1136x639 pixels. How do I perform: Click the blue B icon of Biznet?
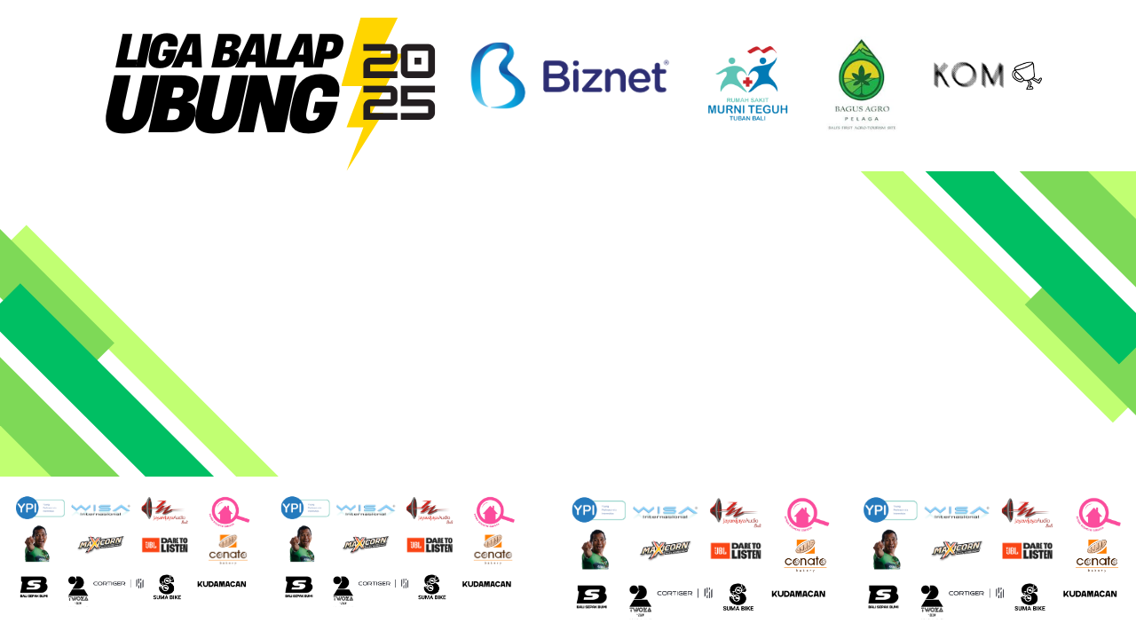point(498,75)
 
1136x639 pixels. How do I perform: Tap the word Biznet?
point(603,77)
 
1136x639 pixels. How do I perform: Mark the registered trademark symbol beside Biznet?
point(666,63)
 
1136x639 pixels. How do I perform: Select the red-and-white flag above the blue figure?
point(762,51)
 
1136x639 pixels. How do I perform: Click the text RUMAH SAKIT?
point(746,100)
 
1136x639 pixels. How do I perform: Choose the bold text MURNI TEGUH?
point(747,110)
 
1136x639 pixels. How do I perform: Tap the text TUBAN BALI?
point(746,120)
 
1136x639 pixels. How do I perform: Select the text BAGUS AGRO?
point(862,108)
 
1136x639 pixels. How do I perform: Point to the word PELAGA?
point(862,118)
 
